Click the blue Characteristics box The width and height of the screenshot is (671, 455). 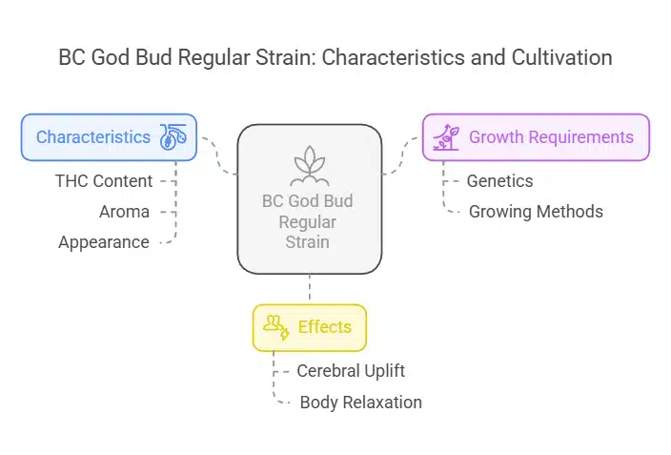point(109,137)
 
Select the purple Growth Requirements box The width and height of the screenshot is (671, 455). point(536,137)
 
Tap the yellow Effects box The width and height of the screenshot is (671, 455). point(309,327)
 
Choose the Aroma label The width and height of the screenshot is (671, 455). point(124,212)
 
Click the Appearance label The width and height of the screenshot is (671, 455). point(103,242)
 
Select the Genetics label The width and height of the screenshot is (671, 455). point(499,181)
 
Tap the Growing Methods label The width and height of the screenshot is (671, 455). point(535,212)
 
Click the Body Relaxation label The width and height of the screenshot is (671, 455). point(360,402)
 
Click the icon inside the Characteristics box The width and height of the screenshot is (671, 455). point(173,137)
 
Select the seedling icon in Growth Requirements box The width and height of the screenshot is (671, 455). point(444,137)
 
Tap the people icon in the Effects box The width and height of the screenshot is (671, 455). point(276,327)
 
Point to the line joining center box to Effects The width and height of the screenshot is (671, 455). point(310,289)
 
